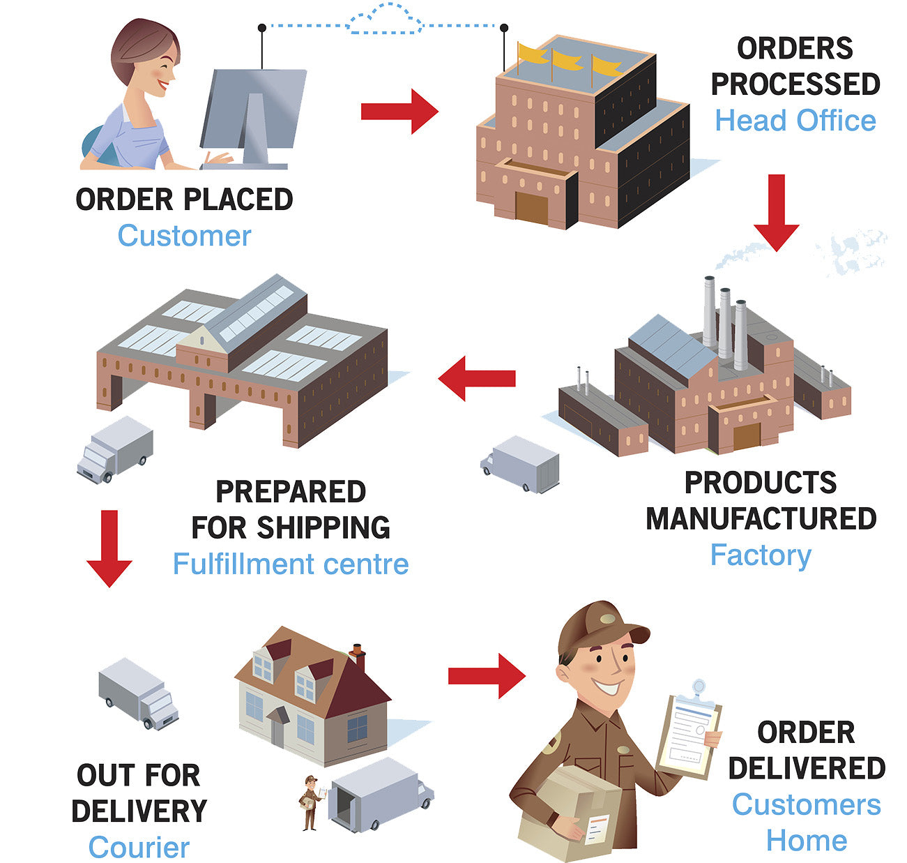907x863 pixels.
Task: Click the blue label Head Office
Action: pos(795,121)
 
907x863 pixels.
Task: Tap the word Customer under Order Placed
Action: pos(184,235)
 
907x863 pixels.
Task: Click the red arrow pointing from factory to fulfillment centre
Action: pos(476,378)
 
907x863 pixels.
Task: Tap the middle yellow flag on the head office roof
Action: pos(565,60)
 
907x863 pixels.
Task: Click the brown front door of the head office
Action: pos(531,207)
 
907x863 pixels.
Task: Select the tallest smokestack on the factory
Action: pos(709,310)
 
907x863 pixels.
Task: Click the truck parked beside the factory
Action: pos(521,464)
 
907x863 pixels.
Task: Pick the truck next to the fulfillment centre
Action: pos(115,450)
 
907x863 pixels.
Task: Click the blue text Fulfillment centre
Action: pos(291,564)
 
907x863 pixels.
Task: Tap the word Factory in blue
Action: pos(761,555)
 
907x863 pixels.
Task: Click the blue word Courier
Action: pos(139,848)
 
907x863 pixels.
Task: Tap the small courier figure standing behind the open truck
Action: pos(310,802)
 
